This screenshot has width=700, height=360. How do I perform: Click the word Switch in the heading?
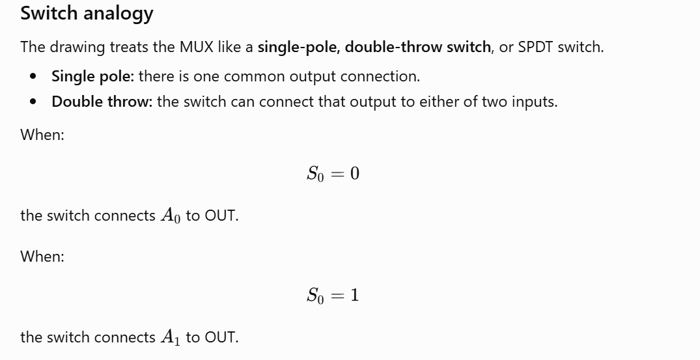point(49,12)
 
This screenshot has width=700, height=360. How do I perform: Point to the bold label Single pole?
point(92,76)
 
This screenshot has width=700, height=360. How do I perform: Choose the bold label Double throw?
point(102,102)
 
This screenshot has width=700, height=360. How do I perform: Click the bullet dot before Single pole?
point(33,76)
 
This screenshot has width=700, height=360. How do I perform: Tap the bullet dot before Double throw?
point(33,102)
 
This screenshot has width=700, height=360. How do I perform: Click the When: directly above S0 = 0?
point(42,134)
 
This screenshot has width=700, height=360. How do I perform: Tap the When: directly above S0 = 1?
point(42,256)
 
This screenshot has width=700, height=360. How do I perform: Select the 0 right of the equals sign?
point(354,174)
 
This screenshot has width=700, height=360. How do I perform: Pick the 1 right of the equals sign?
point(354,296)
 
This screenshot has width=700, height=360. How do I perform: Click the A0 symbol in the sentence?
point(171,215)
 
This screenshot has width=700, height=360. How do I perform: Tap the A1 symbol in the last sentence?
point(171,337)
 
